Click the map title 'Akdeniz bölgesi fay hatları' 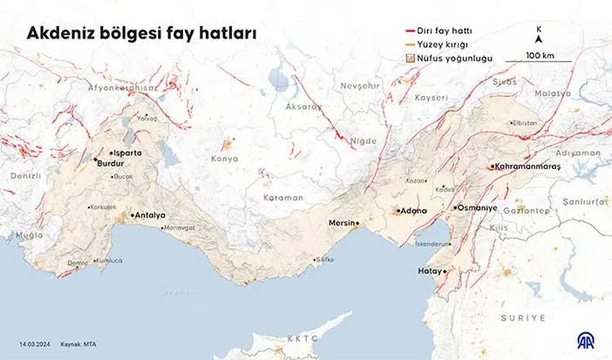[x=140, y=34]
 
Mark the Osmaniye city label [x=477, y=208]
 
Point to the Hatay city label [x=430, y=272]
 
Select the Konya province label [x=224, y=159]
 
